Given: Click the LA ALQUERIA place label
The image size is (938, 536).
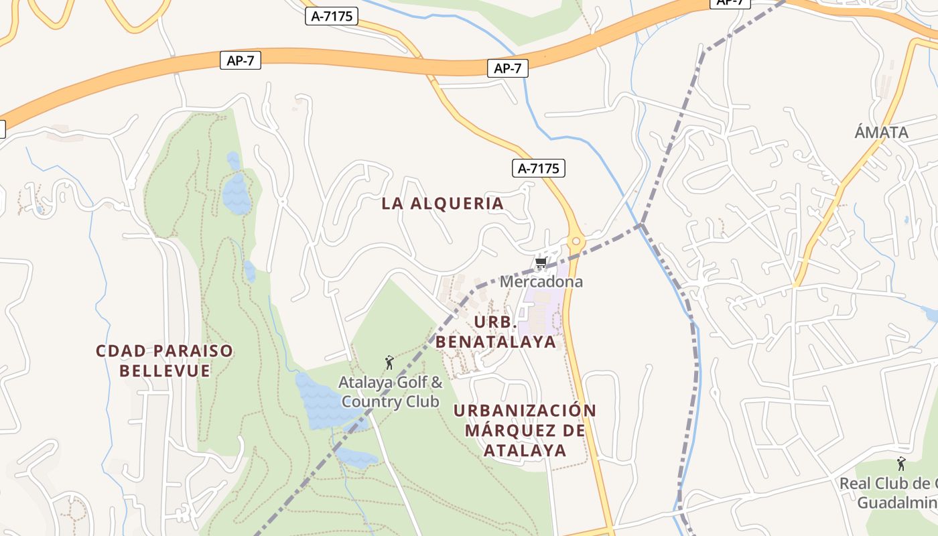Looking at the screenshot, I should (442, 204).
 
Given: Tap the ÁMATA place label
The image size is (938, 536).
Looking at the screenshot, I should (881, 133).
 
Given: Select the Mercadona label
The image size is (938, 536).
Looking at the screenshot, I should (541, 281).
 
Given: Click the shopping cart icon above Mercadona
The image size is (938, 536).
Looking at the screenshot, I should (541, 263).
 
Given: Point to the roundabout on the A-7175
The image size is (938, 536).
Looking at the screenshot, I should (575, 241).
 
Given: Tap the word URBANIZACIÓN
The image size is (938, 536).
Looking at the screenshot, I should (525, 410).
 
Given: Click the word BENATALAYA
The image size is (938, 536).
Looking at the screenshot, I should (496, 342).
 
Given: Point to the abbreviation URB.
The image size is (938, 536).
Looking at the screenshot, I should (496, 322).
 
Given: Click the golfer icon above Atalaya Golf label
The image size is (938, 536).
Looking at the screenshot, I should (389, 363).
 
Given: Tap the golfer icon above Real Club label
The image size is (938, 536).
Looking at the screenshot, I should (901, 464).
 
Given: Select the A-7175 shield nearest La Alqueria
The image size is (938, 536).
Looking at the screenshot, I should (539, 168).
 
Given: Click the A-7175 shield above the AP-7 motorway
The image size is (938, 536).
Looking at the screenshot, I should (332, 16).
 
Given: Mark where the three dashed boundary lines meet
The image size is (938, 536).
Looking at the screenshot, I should (641, 224).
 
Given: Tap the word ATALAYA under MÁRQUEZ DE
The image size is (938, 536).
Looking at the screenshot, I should (525, 450).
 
